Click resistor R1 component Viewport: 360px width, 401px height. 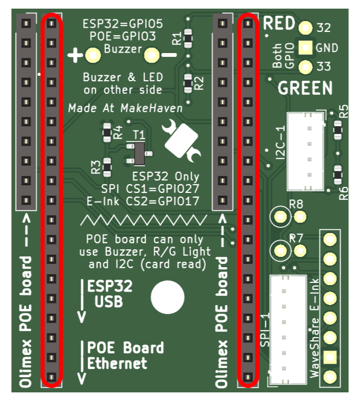pyautogui.click(x=188, y=38)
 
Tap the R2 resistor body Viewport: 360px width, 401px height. pyautogui.click(x=188, y=83)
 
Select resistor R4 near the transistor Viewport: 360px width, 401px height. pyautogui.click(x=107, y=132)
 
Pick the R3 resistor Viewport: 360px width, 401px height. pyautogui.click(x=107, y=167)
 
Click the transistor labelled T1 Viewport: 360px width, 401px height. pyautogui.click(x=139, y=153)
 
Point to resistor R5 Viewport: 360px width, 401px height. pyautogui.click(x=338, y=131)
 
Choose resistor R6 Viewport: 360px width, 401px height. pyautogui.click(x=338, y=175)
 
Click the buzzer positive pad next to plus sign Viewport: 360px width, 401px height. pyautogui.click(x=93, y=55)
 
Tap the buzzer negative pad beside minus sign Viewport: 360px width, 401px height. pyautogui.click(x=152, y=55)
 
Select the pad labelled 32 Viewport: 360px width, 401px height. pyautogui.click(x=305, y=28)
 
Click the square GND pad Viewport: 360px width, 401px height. pyautogui.click(x=305, y=48)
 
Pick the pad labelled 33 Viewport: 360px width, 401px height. pyautogui.click(x=305, y=67)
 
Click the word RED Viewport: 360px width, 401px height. pyautogui.click(x=279, y=23)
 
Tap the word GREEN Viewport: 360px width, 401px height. pyautogui.click(x=305, y=88)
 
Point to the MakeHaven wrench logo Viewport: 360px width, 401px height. pyautogui.click(x=181, y=140)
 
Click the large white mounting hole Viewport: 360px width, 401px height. pyautogui.click(x=167, y=297)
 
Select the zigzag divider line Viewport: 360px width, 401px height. pyautogui.click(x=143, y=220)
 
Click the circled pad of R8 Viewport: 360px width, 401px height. pyautogui.click(x=281, y=217)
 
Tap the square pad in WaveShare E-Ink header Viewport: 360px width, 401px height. pyautogui.click(x=330, y=357)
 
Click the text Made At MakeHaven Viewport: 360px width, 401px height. pyautogui.click(x=126, y=108)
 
